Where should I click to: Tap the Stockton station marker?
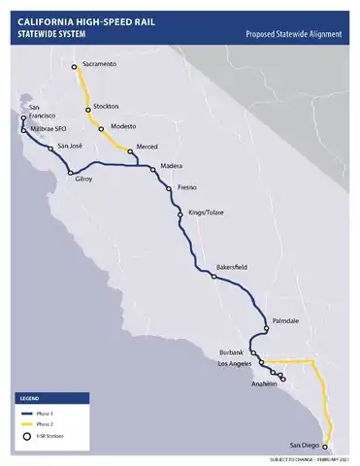(x=88, y=110)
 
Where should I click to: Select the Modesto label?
(x=124, y=126)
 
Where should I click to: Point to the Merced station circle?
(x=130, y=151)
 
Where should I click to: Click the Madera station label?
(x=171, y=166)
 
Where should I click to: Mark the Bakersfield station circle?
(x=213, y=277)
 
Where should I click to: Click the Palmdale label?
(x=287, y=319)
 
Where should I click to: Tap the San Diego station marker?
(x=325, y=447)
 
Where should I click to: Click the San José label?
(x=70, y=146)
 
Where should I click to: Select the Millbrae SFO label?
(x=48, y=127)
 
